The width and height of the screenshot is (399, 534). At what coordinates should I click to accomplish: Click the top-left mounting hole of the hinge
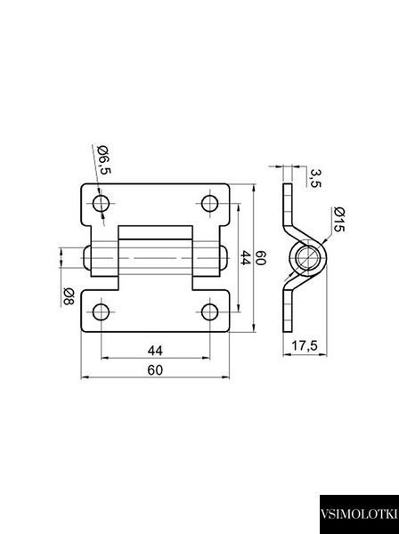(101, 204)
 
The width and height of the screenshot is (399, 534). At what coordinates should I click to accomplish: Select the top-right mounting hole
(209, 204)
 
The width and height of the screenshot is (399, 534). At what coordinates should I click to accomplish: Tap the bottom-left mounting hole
(101, 312)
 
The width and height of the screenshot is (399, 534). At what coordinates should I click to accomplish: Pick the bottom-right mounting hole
(209, 312)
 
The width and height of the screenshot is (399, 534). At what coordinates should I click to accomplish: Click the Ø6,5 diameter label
(104, 159)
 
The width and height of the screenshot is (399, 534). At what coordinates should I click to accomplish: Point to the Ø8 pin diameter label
(69, 296)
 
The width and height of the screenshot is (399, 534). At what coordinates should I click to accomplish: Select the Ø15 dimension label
(339, 219)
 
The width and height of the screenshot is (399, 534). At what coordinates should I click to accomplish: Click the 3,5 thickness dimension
(315, 178)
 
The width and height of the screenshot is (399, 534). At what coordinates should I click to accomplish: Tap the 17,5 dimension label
(305, 346)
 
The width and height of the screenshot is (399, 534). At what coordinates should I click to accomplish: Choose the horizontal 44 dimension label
(155, 351)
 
